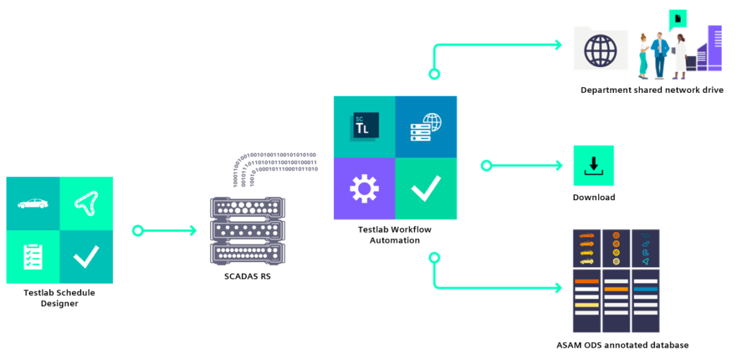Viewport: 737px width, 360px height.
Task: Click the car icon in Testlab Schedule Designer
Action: pyautogui.click(x=33, y=204)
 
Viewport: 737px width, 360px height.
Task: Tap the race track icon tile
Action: pyautogui.click(x=86, y=204)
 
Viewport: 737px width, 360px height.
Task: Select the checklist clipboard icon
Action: pyautogui.click(x=33, y=257)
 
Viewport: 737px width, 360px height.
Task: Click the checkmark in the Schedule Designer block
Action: pyautogui.click(x=86, y=257)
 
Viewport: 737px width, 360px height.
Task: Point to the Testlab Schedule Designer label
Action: pyautogui.click(x=59, y=298)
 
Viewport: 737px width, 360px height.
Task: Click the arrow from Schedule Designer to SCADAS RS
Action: pyautogui.click(x=166, y=230)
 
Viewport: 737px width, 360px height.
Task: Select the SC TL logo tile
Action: pyautogui.click(x=364, y=127)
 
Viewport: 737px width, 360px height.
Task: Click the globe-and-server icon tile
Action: pyautogui.click(x=425, y=127)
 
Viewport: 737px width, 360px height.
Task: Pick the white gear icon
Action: pyautogui.click(x=364, y=189)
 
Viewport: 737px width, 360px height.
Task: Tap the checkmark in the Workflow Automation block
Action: pyautogui.click(x=425, y=189)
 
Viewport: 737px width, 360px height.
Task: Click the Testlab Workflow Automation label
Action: pyautogui.click(x=394, y=235)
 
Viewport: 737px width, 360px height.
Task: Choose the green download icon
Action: pyautogui.click(x=593, y=166)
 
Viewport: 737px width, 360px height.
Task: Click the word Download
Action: pyautogui.click(x=594, y=197)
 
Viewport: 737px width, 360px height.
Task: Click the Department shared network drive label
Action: pyautogui.click(x=651, y=90)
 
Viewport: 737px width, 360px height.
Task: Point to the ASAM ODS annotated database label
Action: pyautogui.click(x=622, y=345)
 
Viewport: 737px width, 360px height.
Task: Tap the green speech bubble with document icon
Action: pyautogui.click(x=677, y=19)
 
